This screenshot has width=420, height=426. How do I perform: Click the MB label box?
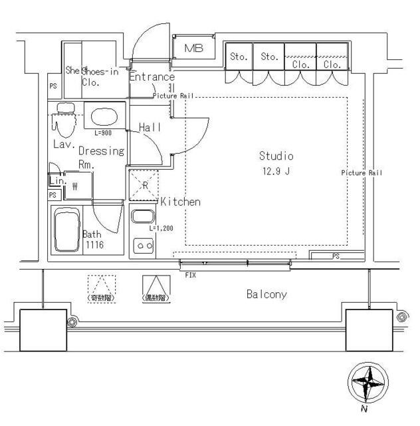(194, 48)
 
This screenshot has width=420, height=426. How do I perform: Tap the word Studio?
(276, 156)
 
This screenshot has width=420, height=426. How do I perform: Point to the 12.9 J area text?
(276, 170)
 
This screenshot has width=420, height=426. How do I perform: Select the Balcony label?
(266, 294)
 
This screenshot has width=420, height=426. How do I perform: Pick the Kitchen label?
(180, 201)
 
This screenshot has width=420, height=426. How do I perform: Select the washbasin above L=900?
(103, 117)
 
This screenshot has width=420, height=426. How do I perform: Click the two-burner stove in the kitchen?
(144, 246)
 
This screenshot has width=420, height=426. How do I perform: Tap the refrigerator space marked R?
(144, 185)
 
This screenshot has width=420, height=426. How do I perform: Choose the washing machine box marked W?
(75, 186)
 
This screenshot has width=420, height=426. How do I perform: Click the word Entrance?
(152, 77)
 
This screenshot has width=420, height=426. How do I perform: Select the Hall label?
(151, 126)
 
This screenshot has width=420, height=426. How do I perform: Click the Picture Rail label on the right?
(362, 172)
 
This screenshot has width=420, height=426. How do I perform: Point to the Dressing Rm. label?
(101, 157)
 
